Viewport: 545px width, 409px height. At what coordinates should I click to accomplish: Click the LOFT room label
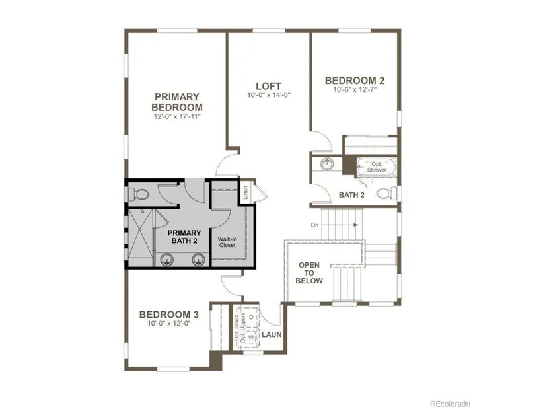pos(268,86)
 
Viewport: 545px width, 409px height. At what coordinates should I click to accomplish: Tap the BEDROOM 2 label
pos(355,81)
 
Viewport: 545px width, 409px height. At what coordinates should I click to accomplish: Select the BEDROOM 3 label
pos(169,315)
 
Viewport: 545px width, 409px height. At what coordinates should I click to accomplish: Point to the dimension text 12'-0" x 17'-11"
pos(177,116)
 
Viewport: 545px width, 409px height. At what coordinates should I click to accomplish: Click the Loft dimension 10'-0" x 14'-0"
pos(268,95)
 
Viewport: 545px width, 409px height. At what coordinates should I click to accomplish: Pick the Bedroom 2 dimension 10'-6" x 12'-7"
pos(355,89)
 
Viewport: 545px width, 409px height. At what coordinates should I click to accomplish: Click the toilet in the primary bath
pos(138,194)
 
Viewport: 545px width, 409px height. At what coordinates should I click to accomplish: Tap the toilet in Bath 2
pos(386,192)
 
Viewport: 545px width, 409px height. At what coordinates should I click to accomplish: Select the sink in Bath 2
pos(326,163)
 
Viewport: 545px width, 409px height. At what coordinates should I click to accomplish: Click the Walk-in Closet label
pos(227,242)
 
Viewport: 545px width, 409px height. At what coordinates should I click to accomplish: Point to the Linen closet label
pos(246,192)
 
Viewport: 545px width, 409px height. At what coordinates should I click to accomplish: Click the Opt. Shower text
pos(377,167)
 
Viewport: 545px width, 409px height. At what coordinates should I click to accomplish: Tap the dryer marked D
pos(251,318)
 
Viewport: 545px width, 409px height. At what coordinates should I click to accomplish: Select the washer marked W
pos(251,338)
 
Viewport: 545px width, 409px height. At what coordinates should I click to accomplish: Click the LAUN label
pos(272,334)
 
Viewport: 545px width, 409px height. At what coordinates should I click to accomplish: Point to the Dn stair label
pos(314,225)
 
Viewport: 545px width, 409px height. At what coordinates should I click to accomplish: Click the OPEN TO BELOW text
pos(309,273)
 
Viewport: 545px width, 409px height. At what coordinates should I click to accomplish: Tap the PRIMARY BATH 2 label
pos(184,237)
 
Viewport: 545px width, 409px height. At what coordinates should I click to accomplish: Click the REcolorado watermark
pos(450,404)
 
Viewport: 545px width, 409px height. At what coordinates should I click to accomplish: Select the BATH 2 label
pos(351,195)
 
